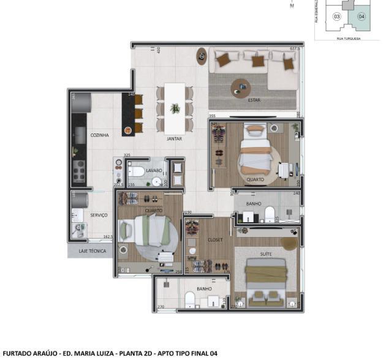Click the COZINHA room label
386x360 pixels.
pos(99,135)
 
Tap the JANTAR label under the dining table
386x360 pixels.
pos(175,139)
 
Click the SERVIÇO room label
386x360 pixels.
pos(99,215)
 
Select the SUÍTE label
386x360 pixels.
pos(265,253)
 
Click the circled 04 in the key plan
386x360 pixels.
pos(361,17)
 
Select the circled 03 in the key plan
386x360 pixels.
pos(337,17)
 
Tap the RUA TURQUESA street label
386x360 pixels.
pos(348,38)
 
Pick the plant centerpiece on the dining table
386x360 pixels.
pos(175,108)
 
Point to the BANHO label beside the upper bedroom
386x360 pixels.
pos(253,203)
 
